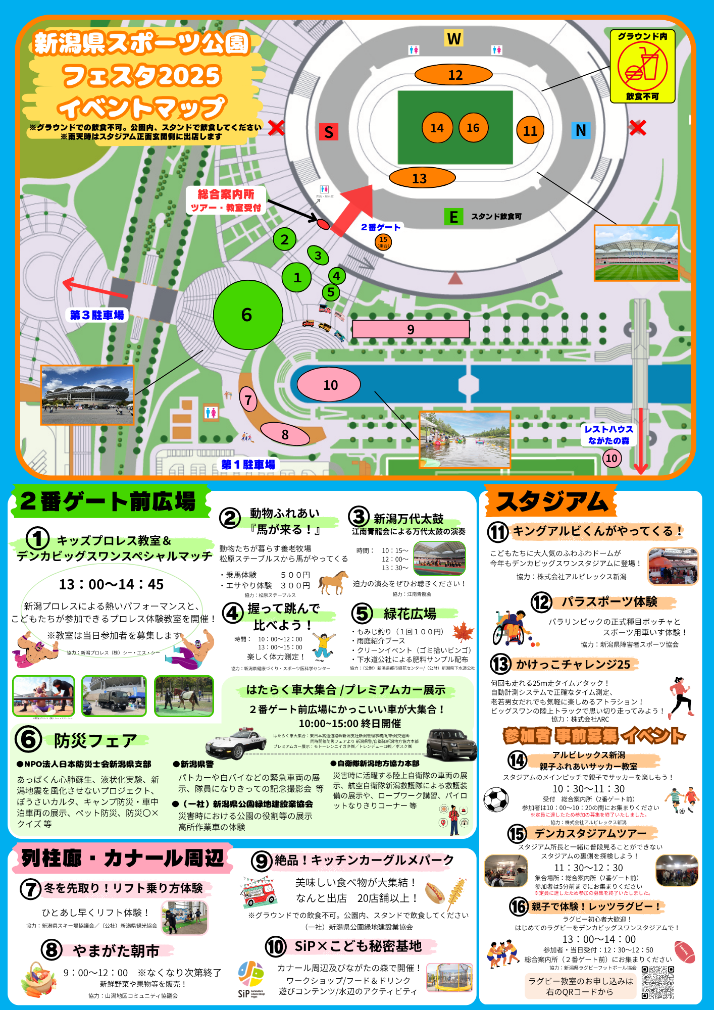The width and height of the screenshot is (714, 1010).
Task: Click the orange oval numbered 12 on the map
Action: coord(453,75)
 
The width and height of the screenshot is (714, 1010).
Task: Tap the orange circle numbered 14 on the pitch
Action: coord(437,128)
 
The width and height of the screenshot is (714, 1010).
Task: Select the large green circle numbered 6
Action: coord(247,315)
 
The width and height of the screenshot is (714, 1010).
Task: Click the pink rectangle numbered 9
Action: coord(411,329)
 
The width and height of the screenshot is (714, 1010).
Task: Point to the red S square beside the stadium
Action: coord(328,132)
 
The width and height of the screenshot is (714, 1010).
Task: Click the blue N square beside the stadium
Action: coord(581,130)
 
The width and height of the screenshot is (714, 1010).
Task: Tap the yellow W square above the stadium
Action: coord(453,38)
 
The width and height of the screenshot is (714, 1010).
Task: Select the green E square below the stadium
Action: coord(453,217)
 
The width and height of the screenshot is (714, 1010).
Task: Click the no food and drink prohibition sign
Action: coord(642,67)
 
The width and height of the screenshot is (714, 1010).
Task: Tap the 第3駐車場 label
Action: coord(97,315)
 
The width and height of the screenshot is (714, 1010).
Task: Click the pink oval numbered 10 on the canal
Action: coord(329,385)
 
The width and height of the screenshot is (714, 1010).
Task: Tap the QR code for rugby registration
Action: coord(657,982)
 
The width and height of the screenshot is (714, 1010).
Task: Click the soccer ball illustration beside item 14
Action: coord(496,799)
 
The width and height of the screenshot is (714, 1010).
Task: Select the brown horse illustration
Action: coord(333,582)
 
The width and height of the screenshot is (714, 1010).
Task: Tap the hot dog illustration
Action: coord(435,893)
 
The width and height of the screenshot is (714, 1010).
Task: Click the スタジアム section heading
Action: coord(551,501)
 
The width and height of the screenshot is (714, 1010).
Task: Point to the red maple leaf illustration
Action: coord(463,632)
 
